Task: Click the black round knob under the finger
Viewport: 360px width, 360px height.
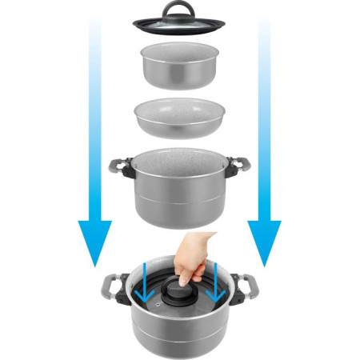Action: pyautogui.click(x=179, y=290)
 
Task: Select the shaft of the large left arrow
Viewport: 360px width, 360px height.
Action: pyautogui.click(x=94, y=120)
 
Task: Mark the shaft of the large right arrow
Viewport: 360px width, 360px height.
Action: pyautogui.click(x=264, y=120)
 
